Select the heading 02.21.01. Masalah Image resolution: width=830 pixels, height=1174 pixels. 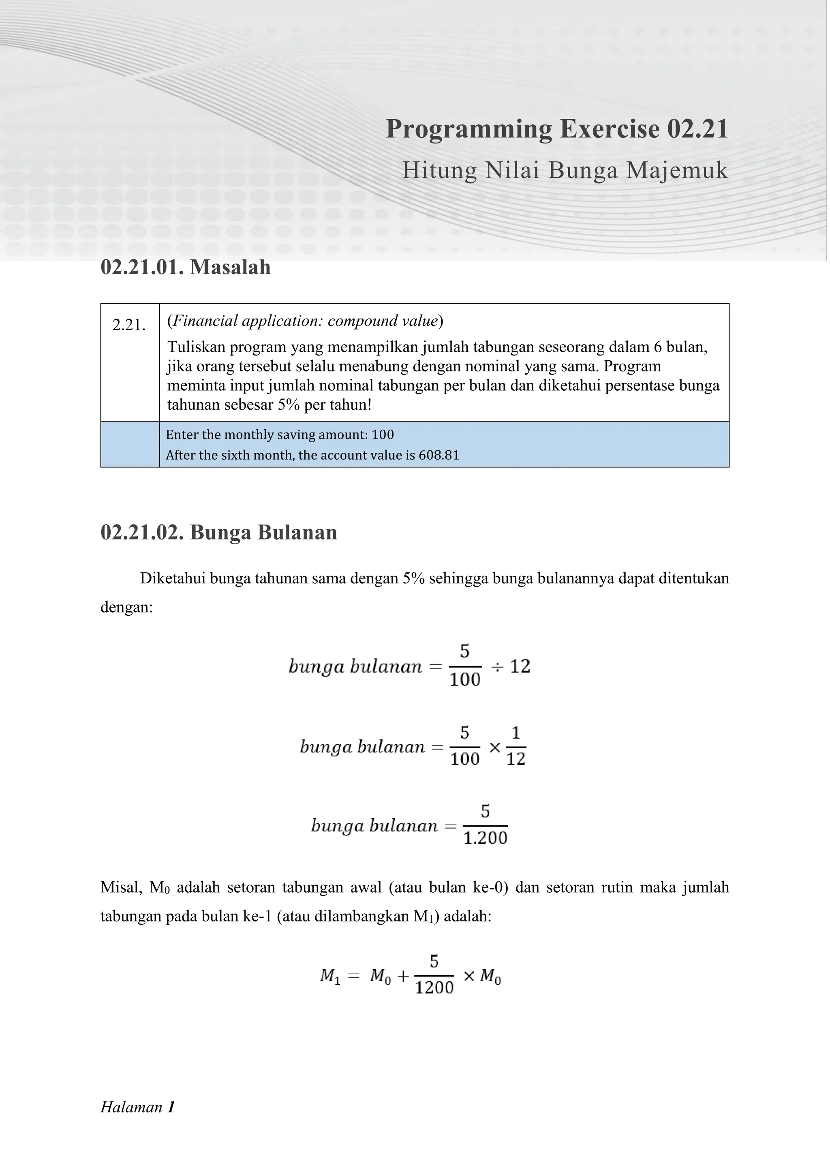point(186,268)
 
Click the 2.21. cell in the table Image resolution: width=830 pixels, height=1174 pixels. point(129,325)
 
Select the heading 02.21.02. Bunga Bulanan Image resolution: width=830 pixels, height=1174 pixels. point(219,532)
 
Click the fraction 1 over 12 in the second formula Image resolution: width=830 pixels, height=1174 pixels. point(516,746)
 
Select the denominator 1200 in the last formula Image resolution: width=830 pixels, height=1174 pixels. point(434,988)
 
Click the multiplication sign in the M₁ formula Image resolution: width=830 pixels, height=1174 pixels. point(468,976)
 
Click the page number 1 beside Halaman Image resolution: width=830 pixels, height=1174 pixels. point(171,1108)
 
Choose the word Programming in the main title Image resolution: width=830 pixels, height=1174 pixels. point(468,129)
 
